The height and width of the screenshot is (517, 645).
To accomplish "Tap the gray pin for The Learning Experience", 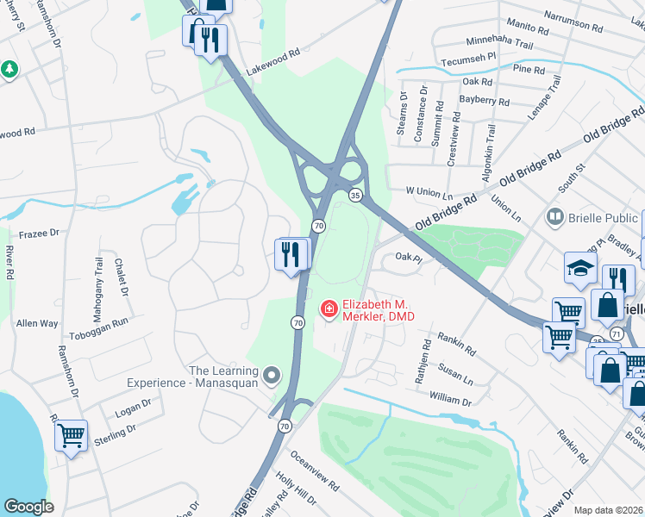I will click(272, 375).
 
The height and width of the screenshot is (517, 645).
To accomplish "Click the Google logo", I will click(28, 507).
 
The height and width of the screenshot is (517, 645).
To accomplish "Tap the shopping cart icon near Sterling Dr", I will click(71, 435).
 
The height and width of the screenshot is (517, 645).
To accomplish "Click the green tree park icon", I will click(9, 69).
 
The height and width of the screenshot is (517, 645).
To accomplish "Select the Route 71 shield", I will click(616, 333).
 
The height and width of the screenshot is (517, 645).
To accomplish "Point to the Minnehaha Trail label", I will click(508, 41).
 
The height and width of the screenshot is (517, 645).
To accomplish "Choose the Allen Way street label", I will click(37, 323).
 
